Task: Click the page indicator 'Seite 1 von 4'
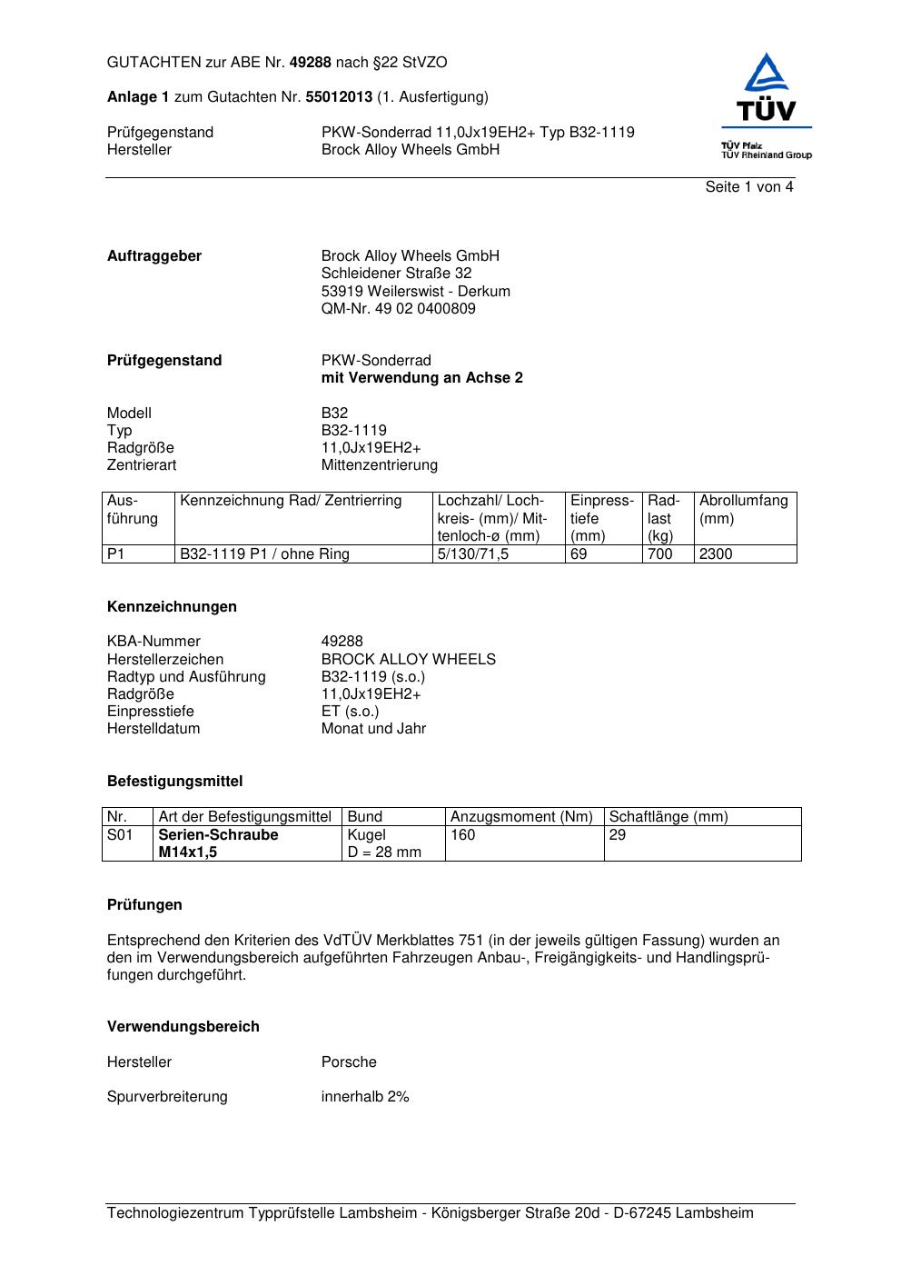click(x=748, y=187)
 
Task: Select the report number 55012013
click(x=339, y=97)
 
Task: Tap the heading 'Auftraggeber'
click(x=154, y=256)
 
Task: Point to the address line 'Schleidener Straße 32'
click(x=396, y=274)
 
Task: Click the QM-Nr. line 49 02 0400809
click(x=398, y=309)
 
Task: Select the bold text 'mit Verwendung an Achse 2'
click(x=421, y=378)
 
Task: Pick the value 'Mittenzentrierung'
click(x=379, y=465)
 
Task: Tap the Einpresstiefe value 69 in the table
click(x=579, y=554)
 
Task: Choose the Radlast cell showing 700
click(x=659, y=554)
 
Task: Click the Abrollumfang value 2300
click(x=715, y=554)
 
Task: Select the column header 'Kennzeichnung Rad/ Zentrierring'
click(x=291, y=501)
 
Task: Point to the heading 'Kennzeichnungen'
click(x=172, y=607)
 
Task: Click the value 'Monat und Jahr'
click(x=373, y=729)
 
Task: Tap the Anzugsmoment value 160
click(x=462, y=835)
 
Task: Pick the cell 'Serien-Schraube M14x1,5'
click(x=218, y=843)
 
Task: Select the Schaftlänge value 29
click(x=617, y=835)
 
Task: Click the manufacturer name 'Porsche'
click(x=349, y=1062)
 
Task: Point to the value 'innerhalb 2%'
click(x=365, y=1097)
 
